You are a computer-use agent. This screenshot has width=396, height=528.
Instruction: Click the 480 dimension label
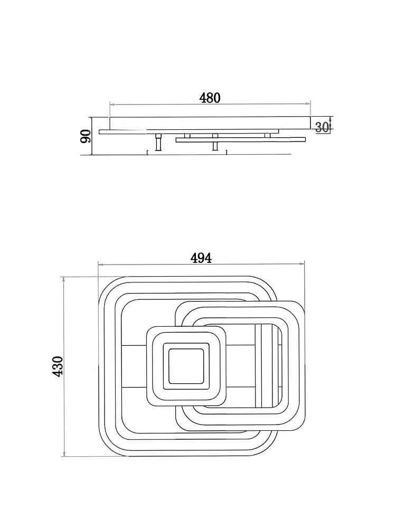coord(210,98)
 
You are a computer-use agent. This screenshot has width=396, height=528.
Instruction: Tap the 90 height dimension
coord(86,136)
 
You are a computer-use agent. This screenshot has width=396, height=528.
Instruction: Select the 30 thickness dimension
coord(322,127)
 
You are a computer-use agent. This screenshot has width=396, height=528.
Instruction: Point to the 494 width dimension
coord(201,258)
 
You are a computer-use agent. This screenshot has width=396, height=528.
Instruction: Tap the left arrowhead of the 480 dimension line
coord(113,105)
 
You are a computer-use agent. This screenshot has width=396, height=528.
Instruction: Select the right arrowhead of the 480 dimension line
coord(307,105)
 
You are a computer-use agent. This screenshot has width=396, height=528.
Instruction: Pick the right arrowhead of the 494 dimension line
coord(301,265)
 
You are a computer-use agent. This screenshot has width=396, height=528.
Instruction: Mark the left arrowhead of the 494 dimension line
coord(101,265)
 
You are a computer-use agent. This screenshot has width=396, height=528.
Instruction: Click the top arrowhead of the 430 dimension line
coord(64,280)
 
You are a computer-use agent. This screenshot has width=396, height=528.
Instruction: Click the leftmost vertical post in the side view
coord(157,143)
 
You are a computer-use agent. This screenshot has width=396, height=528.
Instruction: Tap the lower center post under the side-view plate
coord(215,146)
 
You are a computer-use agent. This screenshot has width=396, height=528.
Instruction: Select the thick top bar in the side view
coord(210,122)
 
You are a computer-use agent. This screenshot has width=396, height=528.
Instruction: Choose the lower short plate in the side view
coord(241,140)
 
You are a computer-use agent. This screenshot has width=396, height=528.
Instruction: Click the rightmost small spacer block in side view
coord(267,135)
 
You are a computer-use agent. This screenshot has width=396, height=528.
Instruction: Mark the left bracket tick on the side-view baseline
coord(148,153)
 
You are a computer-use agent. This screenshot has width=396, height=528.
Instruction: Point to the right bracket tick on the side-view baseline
coord(227,153)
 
